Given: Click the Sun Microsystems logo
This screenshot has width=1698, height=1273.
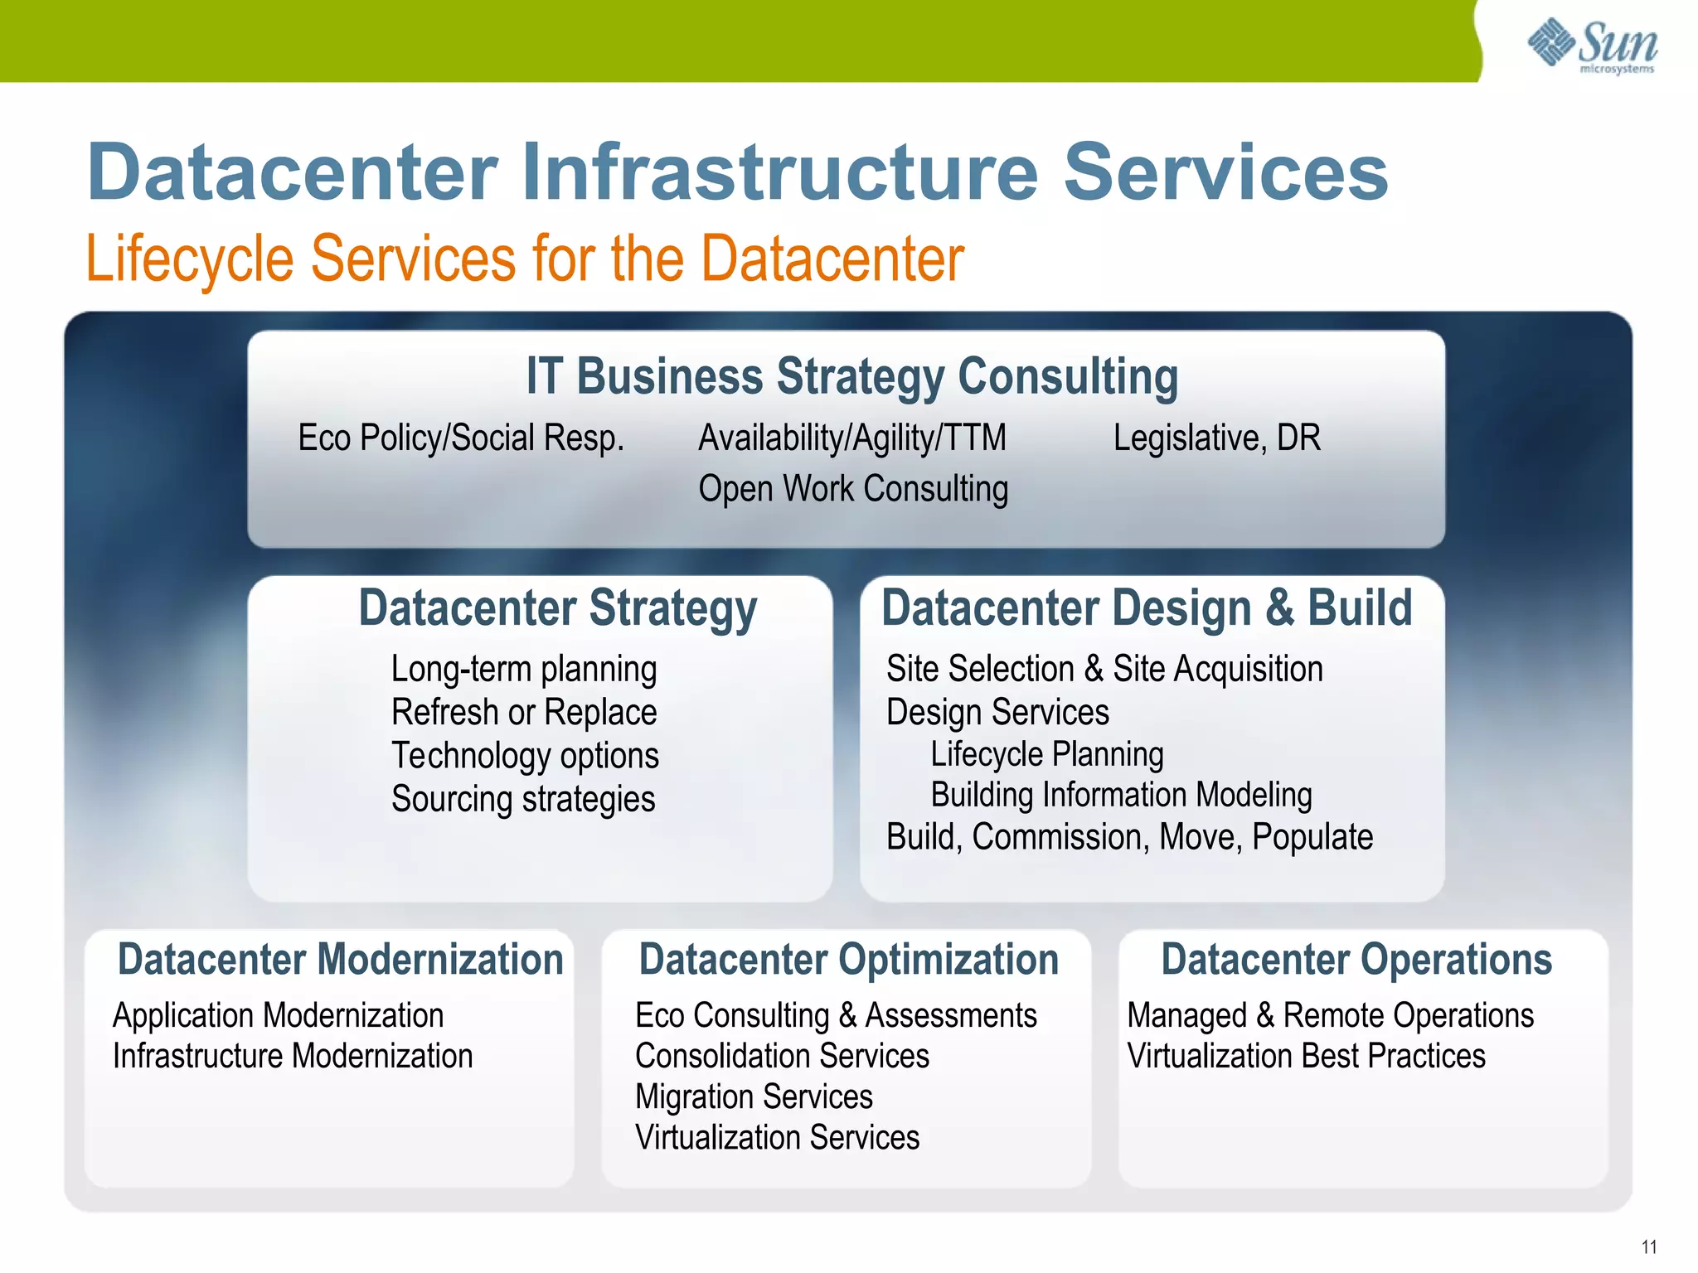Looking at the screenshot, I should pyautogui.click(x=1592, y=45).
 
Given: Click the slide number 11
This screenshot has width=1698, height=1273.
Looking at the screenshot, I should pyautogui.click(x=1648, y=1246).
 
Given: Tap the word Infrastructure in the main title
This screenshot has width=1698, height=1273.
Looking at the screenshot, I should pyautogui.click(x=779, y=172).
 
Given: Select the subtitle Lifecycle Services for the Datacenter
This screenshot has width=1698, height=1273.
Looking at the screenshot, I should pyautogui.click(x=524, y=259).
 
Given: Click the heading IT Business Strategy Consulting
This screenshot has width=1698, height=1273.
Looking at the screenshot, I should pyautogui.click(x=852, y=376).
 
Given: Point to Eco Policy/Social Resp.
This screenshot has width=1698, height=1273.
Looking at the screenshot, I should pyautogui.click(x=461, y=438).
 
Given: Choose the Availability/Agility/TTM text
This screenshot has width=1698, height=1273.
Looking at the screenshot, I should pyautogui.click(x=852, y=438).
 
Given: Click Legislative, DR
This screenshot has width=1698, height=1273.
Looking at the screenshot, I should pyautogui.click(x=1216, y=438).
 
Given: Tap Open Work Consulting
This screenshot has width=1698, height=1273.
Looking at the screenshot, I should pyautogui.click(x=853, y=488).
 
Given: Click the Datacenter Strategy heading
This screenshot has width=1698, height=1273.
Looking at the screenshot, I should pyautogui.click(x=557, y=608).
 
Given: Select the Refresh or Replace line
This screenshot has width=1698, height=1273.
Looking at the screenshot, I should pyautogui.click(x=524, y=713).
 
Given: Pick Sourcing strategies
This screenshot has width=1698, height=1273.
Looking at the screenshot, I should pyautogui.click(x=523, y=800).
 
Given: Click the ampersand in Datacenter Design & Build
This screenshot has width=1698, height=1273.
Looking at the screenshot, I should pyautogui.click(x=1278, y=608).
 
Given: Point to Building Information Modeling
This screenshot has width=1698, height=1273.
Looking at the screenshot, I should pyautogui.click(x=1121, y=796).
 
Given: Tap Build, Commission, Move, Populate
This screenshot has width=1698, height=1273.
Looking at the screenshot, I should pyautogui.click(x=1129, y=838).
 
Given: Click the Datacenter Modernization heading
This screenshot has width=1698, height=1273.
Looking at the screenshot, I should pyautogui.click(x=340, y=960).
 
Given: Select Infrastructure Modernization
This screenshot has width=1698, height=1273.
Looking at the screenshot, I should pyautogui.click(x=293, y=1057).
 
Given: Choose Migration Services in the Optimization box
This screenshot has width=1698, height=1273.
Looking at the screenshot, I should pyautogui.click(x=754, y=1097).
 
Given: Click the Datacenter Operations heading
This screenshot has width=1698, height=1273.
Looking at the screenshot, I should pyautogui.click(x=1356, y=960).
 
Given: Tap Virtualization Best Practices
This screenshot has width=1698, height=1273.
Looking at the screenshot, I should pyautogui.click(x=1306, y=1057).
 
